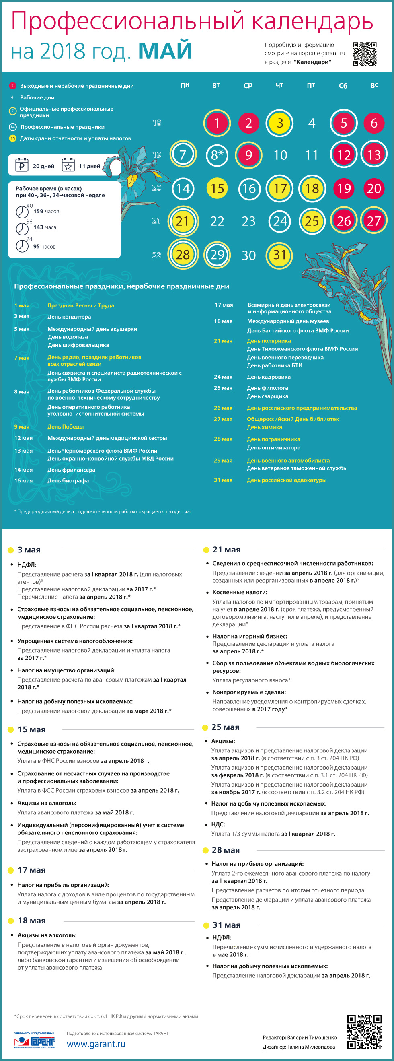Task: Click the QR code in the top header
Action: (364, 54)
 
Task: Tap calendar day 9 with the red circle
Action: (249, 155)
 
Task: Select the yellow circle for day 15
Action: (218, 189)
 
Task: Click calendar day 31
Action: (280, 255)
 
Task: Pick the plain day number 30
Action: (249, 255)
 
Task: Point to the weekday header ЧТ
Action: (279, 85)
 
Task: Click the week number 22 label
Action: (156, 255)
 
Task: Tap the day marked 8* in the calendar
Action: (217, 155)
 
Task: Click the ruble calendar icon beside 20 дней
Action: (21, 165)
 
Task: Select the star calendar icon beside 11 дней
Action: (68, 165)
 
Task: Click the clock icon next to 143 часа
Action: (22, 228)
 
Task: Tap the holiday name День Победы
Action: (66, 427)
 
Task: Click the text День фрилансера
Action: (71, 470)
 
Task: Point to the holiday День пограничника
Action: (273, 439)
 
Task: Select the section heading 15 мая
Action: (31, 729)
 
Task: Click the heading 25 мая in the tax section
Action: (225, 727)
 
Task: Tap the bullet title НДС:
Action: (218, 824)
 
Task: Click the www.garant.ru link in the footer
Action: (96, 1044)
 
